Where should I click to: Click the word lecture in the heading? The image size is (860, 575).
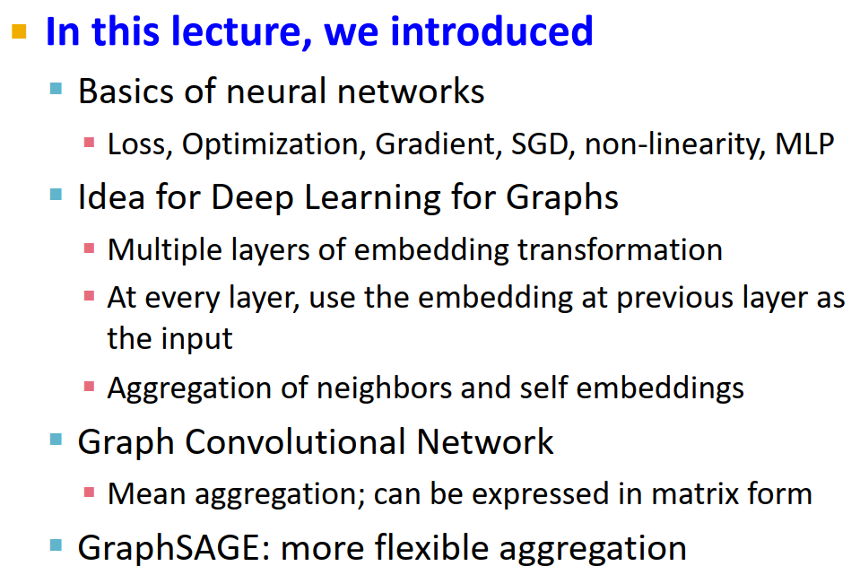click(x=225, y=31)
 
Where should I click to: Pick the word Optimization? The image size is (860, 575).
click(x=274, y=144)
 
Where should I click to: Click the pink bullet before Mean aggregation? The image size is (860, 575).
click(x=90, y=492)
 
